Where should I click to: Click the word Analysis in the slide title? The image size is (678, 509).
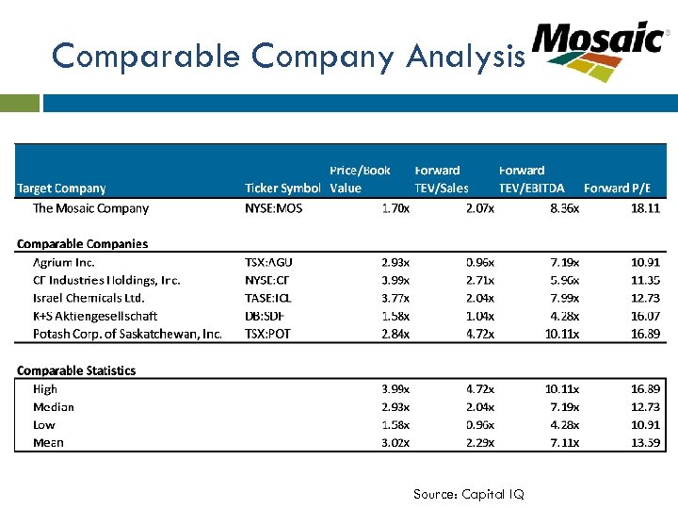(x=465, y=57)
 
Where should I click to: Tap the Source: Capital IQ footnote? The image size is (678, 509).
(x=468, y=494)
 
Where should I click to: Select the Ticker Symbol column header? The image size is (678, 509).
(x=282, y=189)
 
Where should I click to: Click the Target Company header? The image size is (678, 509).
(x=61, y=189)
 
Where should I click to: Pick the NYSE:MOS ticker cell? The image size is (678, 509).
(x=274, y=208)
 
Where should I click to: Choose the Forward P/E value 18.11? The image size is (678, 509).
(x=645, y=208)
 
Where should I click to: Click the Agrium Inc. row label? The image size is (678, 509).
(x=64, y=262)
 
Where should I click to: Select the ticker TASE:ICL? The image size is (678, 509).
(x=270, y=298)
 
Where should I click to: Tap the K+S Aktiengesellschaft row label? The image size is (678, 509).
(x=95, y=316)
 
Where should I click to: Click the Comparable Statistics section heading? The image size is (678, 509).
(x=76, y=370)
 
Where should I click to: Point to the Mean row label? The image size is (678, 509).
(x=48, y=442)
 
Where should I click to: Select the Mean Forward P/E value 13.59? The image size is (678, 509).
(x=645, y=442)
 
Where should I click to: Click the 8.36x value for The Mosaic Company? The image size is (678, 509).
(x=564, y=208)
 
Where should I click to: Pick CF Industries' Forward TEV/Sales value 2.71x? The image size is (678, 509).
(x=479, y=280)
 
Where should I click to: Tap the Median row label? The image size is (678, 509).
(x=53, y=406)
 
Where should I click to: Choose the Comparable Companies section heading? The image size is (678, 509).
(x=82, y=243)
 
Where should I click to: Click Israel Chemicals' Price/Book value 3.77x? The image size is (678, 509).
(x=395, y=298)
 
